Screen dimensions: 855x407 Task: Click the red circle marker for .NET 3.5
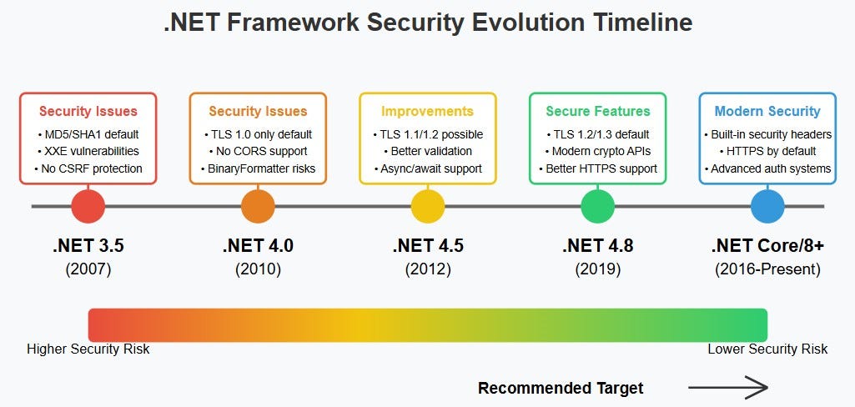coord(88,207)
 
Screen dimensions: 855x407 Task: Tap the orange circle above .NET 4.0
coord(258,207)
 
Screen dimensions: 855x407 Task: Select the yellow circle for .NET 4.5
coord(428,207)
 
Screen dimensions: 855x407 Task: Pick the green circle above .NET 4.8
coord(597,207)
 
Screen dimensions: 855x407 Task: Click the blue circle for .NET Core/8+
coord(767,207)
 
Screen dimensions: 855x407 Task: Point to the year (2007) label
coord(88,269)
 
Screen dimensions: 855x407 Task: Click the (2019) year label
coord(597,269)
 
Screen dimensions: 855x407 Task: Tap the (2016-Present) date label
coord(767,269)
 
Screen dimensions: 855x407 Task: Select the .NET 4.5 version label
coord(428,246)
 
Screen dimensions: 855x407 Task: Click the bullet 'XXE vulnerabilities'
coord(88,151)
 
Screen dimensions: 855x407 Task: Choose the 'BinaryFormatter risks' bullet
coord(258,168)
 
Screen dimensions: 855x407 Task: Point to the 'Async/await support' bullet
coord(428,168)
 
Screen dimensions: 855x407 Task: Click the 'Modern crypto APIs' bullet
coord(597,151)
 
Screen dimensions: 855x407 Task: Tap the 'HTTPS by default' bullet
coord(767,151)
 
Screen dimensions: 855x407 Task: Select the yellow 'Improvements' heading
coord(427,112)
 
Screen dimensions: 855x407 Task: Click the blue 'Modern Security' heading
coord(767,112)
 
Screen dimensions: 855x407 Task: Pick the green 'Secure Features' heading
coord(598,112)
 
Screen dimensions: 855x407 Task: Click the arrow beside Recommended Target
coord(728,388)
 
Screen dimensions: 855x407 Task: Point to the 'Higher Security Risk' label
coord(88,349)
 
